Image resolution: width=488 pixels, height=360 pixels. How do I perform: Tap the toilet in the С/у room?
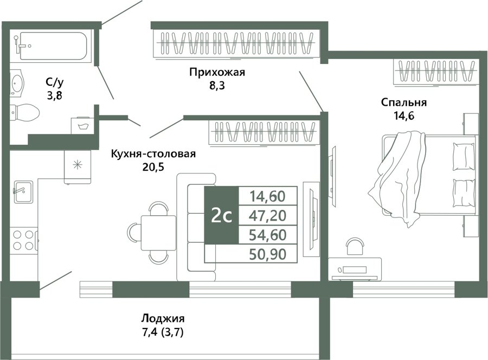(x=24, y=112)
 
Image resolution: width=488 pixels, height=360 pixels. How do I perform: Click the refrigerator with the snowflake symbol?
(x=78, y=166)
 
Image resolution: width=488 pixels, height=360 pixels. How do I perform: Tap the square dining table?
(x=158, y=233)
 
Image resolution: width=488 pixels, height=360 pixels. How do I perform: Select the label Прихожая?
(x=217, y=72)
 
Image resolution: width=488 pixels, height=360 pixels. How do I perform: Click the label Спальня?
(x=403, y=102)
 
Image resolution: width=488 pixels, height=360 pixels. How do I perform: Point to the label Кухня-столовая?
(x=153, y=154)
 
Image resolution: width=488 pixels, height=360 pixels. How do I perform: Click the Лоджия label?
(x=163, y=319)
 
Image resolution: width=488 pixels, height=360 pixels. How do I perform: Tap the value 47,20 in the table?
(x=268, y=215)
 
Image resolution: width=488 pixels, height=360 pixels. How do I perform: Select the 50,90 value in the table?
(x=268, y=254)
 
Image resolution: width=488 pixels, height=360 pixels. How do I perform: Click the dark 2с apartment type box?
(x=221, y=215)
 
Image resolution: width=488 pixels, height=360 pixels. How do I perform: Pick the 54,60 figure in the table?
(x=268, y=235)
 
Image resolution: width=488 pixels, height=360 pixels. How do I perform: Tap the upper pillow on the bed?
(x=464, y=157)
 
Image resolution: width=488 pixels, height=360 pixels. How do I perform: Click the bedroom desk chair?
(x=355, y=248)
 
